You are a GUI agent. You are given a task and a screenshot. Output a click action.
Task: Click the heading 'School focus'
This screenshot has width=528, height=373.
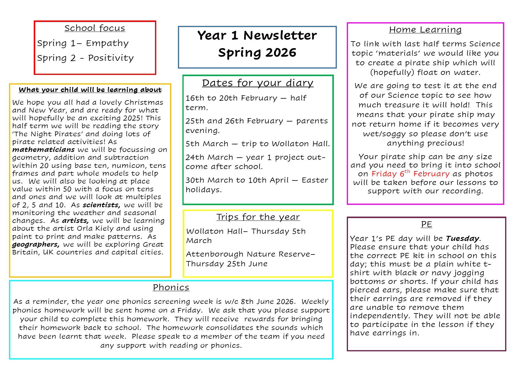coord(95,28)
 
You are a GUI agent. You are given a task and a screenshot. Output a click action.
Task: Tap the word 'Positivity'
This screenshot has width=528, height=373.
coord(111,58)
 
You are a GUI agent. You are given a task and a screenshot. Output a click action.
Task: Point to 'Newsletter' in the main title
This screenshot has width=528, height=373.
coord(280,35)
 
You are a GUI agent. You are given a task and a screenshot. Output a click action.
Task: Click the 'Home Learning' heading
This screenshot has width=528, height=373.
coord(425,29)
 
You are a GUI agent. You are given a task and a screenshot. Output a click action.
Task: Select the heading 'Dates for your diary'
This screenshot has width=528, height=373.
coord(257,83)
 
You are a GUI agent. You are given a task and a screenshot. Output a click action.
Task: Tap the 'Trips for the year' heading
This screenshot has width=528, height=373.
coord(258,217)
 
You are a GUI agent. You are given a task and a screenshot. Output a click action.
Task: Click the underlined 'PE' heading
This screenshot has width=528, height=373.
coord(427,224)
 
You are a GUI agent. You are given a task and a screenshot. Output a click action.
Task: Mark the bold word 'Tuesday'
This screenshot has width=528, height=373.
coord(462,239)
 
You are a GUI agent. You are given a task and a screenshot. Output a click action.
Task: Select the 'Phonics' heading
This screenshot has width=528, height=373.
coord(171,287)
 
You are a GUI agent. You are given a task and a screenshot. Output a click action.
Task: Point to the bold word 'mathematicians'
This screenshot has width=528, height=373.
coord(43,150)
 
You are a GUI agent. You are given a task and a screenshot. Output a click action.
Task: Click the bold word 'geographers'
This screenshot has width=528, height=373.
coord(36,244)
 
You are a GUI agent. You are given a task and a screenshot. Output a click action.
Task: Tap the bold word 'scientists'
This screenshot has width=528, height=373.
coord(101,205)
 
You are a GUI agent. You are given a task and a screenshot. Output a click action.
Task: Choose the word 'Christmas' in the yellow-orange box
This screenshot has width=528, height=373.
coord(144,102)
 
